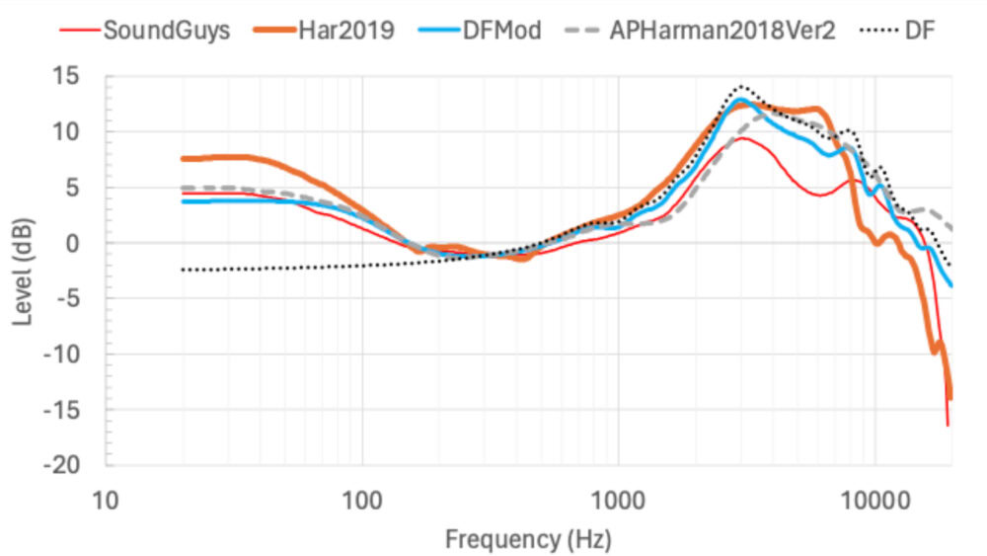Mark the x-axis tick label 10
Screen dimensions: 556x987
tap(106, 502)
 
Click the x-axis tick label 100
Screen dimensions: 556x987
tap(362, 502)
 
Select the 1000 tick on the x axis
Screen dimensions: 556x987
tap(618, 502)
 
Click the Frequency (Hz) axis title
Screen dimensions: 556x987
tap(528, 539)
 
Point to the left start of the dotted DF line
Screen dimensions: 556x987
tap(183, 270)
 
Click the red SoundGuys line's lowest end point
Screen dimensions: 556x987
tap(948, 426)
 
